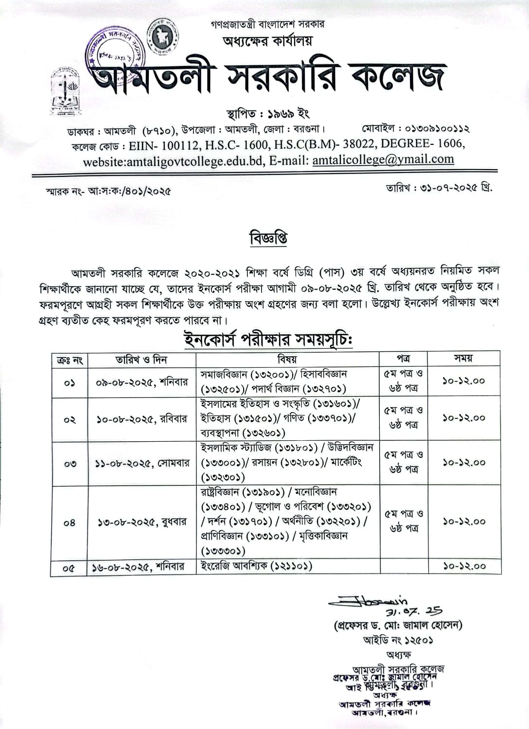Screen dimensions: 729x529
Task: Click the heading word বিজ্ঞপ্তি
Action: coord(268,239)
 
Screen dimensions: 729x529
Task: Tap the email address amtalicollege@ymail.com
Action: coord(383,159)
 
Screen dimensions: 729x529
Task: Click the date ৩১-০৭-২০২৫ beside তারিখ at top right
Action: coord(445,188)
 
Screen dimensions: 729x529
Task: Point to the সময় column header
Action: coord(464,359)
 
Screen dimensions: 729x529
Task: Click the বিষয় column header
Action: coord(287,359)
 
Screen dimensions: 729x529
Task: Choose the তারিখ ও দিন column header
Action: coord(141,360)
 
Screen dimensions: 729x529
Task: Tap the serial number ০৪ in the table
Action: coord(70,523)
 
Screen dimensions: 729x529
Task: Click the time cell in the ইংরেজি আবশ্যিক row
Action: coord(464,566)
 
